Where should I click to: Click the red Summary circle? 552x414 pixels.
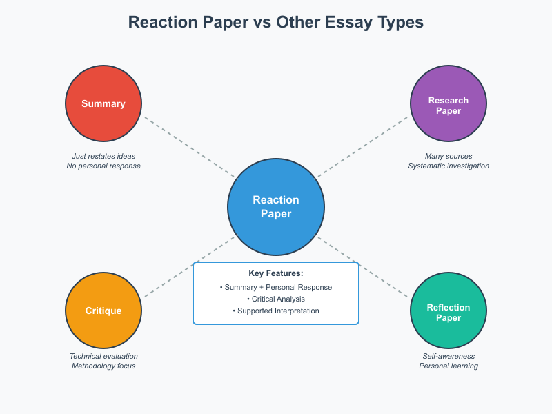pyautogui.click(x=103, y=103)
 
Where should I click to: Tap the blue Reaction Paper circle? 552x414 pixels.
pyautogui.click(x=276, y=207)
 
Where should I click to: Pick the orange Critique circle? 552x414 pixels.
pyautogui.click(x=103, y=310)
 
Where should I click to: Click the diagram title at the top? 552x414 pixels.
pyautogui.click(x=276, y=22)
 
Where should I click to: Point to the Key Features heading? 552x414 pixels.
pyautogui.click(x=276, y=273)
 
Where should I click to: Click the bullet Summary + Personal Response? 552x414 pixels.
pyautogui.click(x=276, y=287)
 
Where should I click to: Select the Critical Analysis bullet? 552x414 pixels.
pyautogui.click(x=276, y=299)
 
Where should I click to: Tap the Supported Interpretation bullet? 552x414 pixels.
pyautogui.click(x=276, y=310)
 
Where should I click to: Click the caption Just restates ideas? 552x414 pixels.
pyautogui.click(x=103, y=156)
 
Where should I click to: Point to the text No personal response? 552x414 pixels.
pyautogui.click(x=103, y=166)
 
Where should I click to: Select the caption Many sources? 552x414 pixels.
pyautogui.click(x=448, y=156)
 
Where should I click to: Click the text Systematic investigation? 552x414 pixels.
pyautogui.click(x=448, y=166)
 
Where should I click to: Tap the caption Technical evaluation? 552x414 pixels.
pyautogui.click(x=103, y=356)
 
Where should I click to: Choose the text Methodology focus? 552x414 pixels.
pyautogui.click(x=103, y=366)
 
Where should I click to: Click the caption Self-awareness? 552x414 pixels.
pyautogui.click(x=448, y=356)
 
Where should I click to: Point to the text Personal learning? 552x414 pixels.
pyautogui.click(x=448, y=366)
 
